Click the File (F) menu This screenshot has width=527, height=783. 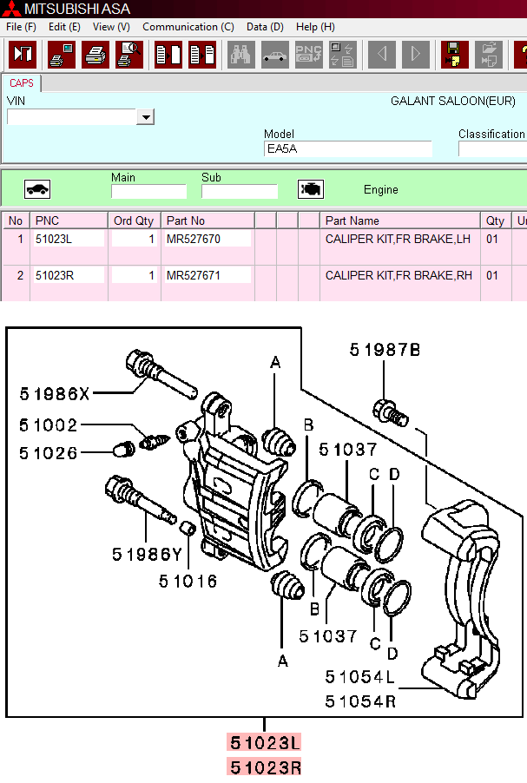tap(21, 27)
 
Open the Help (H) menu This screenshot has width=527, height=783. tap(315, 27)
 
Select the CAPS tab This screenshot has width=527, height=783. tap(22, 83)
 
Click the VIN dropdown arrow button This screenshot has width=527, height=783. tap(145, 117)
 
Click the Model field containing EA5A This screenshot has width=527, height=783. tap(347, 149)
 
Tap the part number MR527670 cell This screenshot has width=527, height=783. tap(207, 238)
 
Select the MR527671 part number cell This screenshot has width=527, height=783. tap(207, 275)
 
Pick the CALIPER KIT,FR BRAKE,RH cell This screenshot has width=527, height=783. tap(399, 275)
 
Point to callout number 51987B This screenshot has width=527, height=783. tap(385, 350)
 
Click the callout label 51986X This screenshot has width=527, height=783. tap(55, 394)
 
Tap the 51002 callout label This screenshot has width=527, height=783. tap(49, 425)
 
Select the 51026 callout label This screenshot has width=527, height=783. tap(49, 452)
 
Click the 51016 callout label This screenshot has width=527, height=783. tap(188, 581)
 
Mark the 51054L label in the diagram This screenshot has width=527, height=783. tap(360, 676)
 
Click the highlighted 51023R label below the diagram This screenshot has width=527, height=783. tap(265, 767)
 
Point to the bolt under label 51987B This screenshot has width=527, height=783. tap(390, 411)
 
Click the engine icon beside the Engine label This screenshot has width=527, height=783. tap(311, 189)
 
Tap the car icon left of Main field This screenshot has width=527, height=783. tap(37, 189)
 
